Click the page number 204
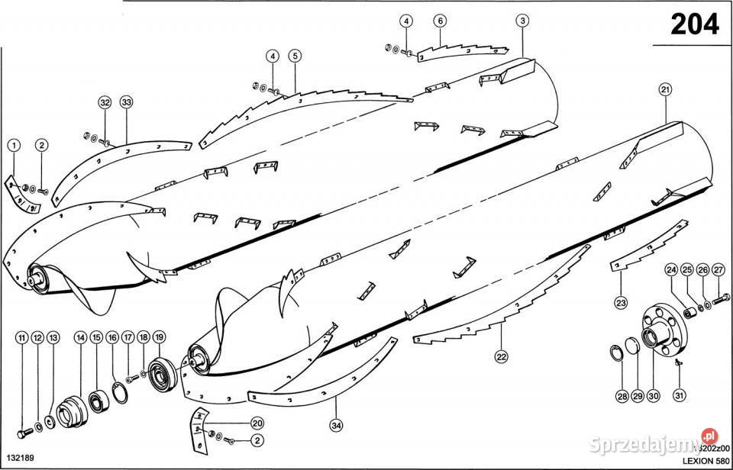tap(695, 24)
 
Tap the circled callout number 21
tap(665, 90)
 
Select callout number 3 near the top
tap(521, 21)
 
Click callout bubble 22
tap(502, 356)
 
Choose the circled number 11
tap(21, 336)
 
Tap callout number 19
tap(159, 336)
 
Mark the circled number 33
tap(126, 102)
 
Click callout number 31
tap(679, 395)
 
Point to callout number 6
tap(440, 21)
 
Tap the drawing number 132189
tap(18, 462)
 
